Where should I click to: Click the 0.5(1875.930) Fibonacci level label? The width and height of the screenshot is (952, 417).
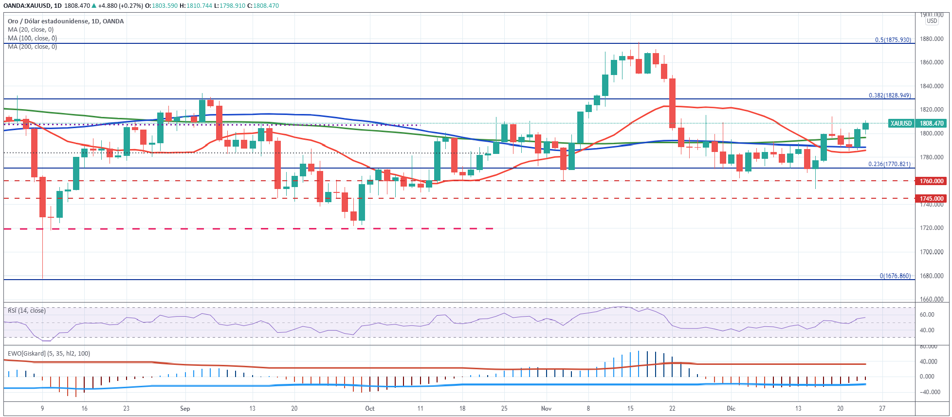tap(893, 40)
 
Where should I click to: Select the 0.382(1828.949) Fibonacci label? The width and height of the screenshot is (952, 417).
tap(890, 95)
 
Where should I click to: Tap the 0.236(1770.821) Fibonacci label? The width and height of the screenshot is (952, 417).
tap(889, 164)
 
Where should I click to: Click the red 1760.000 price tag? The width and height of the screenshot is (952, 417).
tap(932, 181)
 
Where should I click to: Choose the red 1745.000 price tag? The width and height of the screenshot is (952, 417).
tap(932, 199)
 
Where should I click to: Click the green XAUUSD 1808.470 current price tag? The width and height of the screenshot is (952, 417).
tap(917, 124)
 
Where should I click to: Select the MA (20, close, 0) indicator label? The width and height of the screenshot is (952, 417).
tap(31, 30)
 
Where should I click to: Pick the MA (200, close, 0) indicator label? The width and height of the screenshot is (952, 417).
tap(32, 47)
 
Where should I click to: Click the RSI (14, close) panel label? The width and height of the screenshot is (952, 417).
tap(27, 311)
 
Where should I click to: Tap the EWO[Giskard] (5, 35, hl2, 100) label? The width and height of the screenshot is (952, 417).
tap(49, 354)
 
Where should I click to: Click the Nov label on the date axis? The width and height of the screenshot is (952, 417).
tap(546, 408)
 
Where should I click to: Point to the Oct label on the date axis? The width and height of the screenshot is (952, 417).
tap(370, 408)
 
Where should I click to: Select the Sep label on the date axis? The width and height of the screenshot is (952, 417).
tap(185, 408)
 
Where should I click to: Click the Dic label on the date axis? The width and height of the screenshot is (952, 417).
tap(731, 408)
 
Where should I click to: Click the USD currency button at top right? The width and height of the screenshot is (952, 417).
tap(932, 21)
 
